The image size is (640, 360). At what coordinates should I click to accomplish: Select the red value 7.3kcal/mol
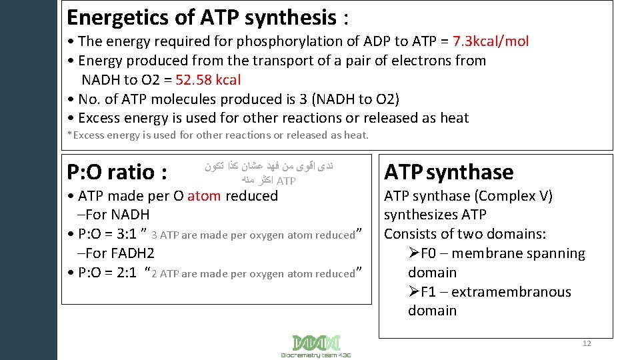[x=491, y=41]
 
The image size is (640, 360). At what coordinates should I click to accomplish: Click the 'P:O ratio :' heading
[x=117, y=172]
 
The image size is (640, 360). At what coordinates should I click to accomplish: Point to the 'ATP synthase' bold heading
[x=449, y=172]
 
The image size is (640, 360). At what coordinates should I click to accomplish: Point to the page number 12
[x=587, y=343]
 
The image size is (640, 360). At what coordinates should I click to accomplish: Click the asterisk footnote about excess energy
[x=218, y=135]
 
